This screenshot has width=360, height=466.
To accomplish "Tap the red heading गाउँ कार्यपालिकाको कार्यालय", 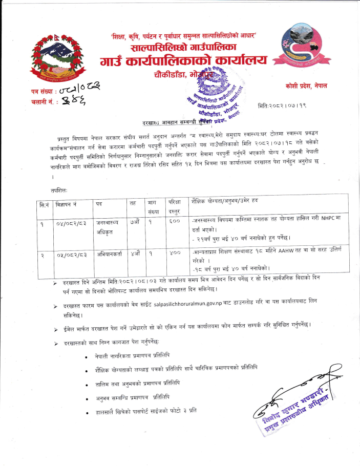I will pos(184,62).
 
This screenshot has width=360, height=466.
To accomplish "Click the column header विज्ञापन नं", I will pos(67,203).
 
